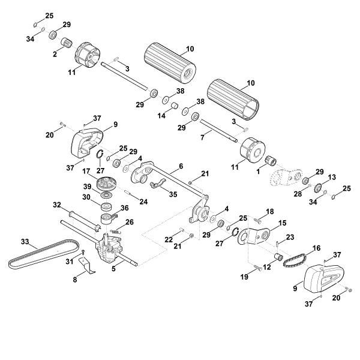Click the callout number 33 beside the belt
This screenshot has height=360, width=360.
pyautogui.click(x=25, y=242)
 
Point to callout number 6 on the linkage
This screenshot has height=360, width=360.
pyautogui.click(x=181, y=166)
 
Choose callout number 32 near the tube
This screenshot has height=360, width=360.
pyautogui.click(x=57, y=205)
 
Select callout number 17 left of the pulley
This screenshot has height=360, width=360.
pyautogui.click(x=86, y=170)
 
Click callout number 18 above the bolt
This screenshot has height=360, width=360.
pyautogui.click(x=269, y=211)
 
